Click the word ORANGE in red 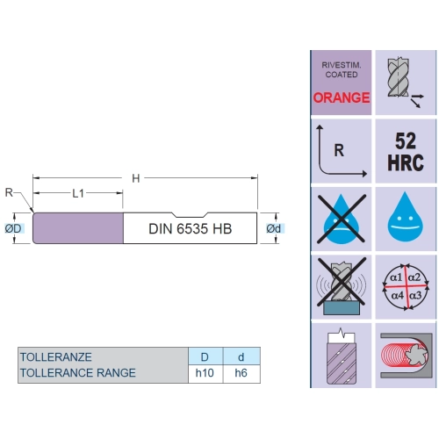coord(342,97)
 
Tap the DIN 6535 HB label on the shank coord(191,229)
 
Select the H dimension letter coord(136,178)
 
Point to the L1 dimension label coord(78,193)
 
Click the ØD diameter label coord(13,228)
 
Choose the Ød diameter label coord(273,228)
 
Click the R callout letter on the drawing coord(9,192)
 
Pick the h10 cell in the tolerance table coord(205,373)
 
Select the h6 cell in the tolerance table coord(241,373)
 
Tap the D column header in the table coord(205,356)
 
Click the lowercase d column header coord(241,356)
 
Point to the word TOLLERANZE coord(56,357)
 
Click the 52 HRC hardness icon coord(406,151)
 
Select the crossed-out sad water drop coord(342,219)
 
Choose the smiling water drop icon coord(406,219)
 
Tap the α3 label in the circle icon coord(415,295)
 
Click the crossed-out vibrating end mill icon coord(342,287)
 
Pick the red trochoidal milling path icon coord(406,356)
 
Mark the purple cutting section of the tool coord(78,228)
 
